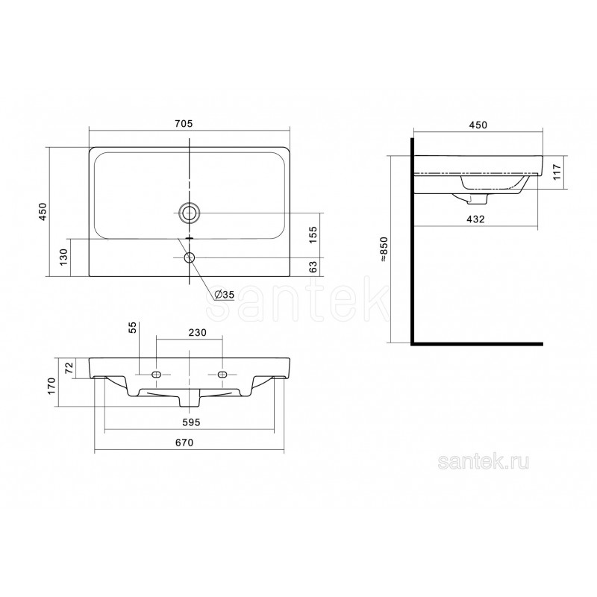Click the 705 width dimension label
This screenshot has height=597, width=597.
click(x=184, y=124)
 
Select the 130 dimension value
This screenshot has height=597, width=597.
click(x=63, y=257)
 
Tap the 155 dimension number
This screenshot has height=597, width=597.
click(x=313, y=235)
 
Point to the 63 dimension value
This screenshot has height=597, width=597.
click(x=313, y=266)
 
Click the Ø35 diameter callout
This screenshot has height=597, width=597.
click(x=224, y=294)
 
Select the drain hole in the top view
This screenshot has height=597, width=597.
click(x=189, y=213)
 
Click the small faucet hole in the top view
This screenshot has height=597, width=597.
click(x=189, y=257)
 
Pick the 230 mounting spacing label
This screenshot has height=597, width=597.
click(x=198, y=333)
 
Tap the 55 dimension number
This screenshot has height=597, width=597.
click(x=132, y=328)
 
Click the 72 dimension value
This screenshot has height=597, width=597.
click(x=69, y=368)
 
